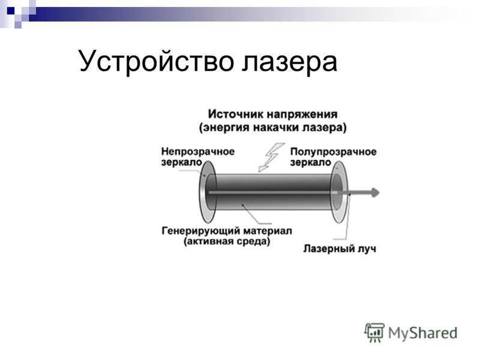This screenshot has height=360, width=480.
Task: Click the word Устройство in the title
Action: tap(156, 61)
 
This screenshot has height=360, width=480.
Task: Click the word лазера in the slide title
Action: tap(289, 61)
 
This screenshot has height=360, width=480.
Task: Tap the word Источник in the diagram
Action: tap(236, 114)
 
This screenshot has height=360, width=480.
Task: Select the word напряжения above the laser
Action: tap(302, 115)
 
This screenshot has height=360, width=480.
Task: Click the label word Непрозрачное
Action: tap(198, 152)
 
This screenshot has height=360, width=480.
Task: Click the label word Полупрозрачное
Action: tap(333, 152)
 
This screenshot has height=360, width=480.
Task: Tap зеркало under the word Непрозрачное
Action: tap(182, 162)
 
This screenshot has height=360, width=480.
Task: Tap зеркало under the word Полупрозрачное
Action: tap(311, 162)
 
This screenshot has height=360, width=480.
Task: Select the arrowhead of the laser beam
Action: tap(376, 193)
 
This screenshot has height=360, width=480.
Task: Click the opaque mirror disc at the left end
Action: tap(203, 192)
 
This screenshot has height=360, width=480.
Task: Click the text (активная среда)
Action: tap(227, 242)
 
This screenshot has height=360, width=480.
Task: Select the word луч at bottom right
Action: tap(367, 249)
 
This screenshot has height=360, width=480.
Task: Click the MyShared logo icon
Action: tap(374, 332)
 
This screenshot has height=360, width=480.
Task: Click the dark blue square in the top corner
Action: tap(11, 11)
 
